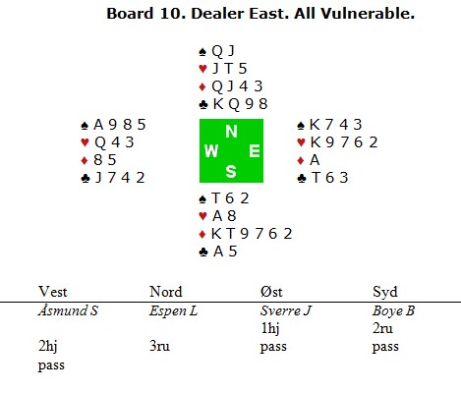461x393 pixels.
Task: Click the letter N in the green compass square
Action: pyautogui.click(x=231, y=132)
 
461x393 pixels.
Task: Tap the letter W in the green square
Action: pyautogui.click(x=211, y=151)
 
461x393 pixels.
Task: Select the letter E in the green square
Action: pyautogui.click(x=255, y=151)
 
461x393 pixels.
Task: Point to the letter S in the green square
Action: pyautogui.click(x=231, y=171)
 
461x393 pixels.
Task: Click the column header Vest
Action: pyautogui.click(x=53, y=292)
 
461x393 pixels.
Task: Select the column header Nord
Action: pyautogui.click(x=165, y=292)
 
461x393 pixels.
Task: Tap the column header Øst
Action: pyautogui.click(x=271, y=292)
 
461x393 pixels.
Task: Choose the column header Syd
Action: pyautogui.click(x=385, y=292)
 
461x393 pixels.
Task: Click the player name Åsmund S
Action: pyautogui.click(x=68, y=310)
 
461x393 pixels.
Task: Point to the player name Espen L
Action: pyautogui.click(x=173, y=311)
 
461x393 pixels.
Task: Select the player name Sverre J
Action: pyautogui.click(x=286, y=311)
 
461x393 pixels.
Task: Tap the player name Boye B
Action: pyautogui.click(x=393, y=311)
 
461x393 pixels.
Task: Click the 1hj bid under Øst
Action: pyautogui.click(x=270, y=328)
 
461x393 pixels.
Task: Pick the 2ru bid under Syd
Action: pyautogui.click(x=382, y=328)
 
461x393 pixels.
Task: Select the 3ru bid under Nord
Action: pyautogui.click(x=159, y=346)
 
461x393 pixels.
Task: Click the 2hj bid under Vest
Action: pyautogui.click(x=48, y=347)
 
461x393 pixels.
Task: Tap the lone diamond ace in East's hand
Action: pyautogui.click(x=315, y=160)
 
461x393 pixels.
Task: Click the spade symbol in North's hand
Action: pyautogui.click(x=202, y=52)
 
